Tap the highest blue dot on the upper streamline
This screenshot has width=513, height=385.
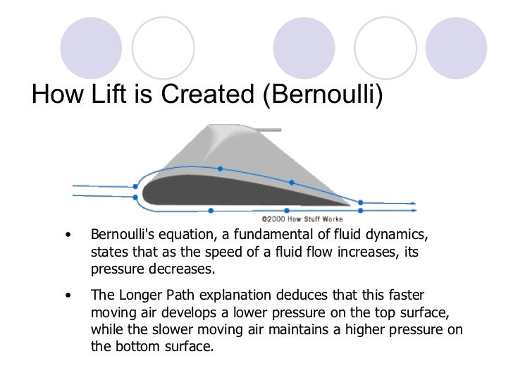(221, 169)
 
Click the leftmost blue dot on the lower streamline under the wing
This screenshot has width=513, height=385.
(212, 210)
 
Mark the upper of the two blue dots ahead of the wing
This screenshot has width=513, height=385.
(135, 187)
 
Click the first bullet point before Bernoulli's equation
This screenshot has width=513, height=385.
(68, 234)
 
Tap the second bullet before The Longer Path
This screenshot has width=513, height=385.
(68, 296)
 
